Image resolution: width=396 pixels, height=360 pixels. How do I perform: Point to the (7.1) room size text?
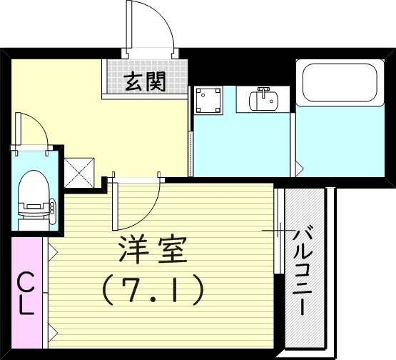[152, 289]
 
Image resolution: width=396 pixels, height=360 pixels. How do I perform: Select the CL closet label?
[25, 294]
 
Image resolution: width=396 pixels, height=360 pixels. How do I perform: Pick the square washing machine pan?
[208, 99]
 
